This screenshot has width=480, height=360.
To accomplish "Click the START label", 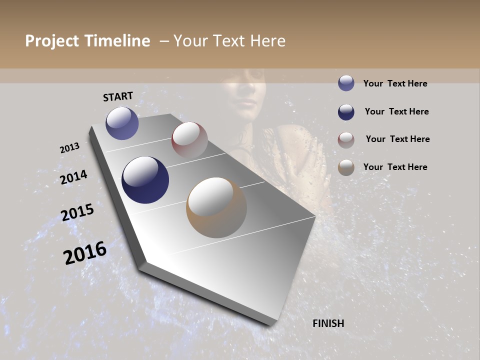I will [x=118, y=96].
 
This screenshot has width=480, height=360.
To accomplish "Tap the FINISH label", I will [x=328, y=323].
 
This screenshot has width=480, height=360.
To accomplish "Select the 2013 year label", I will [x=69, y=148].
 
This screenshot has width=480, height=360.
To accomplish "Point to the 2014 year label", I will [x=73, y=177].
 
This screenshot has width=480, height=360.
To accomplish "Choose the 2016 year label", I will [x=85, y=252].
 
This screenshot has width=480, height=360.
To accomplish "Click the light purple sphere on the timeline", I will [x=122, y=123].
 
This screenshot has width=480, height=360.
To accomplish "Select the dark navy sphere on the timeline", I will [x=145, y=180].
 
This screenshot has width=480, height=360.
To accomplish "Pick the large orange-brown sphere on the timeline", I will [x=216, y=207].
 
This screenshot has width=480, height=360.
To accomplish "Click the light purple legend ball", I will [x=346, y=83].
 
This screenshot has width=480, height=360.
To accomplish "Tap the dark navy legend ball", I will [x=346, y=112].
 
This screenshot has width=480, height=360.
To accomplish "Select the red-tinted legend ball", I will [x=346, y=140].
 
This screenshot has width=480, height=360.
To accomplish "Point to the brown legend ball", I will [x=346, y=167].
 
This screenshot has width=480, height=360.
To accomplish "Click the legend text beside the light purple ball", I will [x=395, y=83].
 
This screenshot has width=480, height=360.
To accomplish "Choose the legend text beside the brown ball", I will [x=395, y=167].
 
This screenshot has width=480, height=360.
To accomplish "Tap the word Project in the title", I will [x=52, y=41].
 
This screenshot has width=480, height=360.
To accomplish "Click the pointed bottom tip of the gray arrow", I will [x=270, y=324].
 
